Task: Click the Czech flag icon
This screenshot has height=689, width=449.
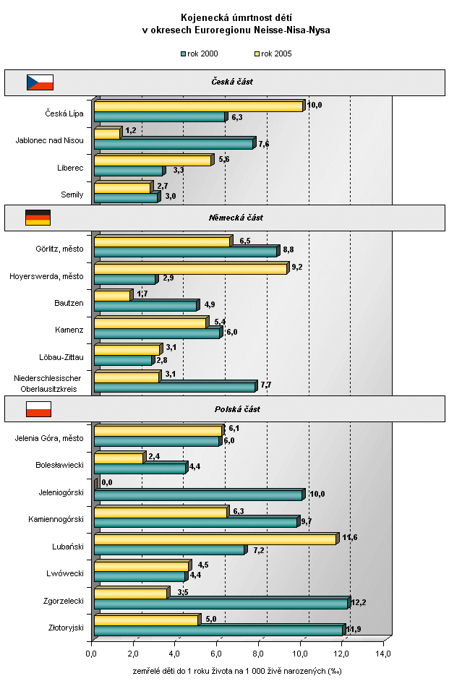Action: tap(40, 82)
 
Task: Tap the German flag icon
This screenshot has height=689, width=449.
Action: tap(38, 217)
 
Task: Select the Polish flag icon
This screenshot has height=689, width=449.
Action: tap(39, 409)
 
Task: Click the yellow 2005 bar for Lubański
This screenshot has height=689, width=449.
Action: tap(215, 539)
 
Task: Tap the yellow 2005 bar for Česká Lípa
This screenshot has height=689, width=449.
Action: tap(198, 107)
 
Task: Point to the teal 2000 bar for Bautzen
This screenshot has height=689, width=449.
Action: tap(145, 306)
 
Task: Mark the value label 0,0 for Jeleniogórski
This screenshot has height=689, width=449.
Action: tap(107, 482)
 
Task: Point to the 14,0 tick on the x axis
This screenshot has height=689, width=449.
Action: tap(383, 654)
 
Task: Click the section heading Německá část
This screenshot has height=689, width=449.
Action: tap(241, 217)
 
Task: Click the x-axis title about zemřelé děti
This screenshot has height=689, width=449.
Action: tap(236, 671)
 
